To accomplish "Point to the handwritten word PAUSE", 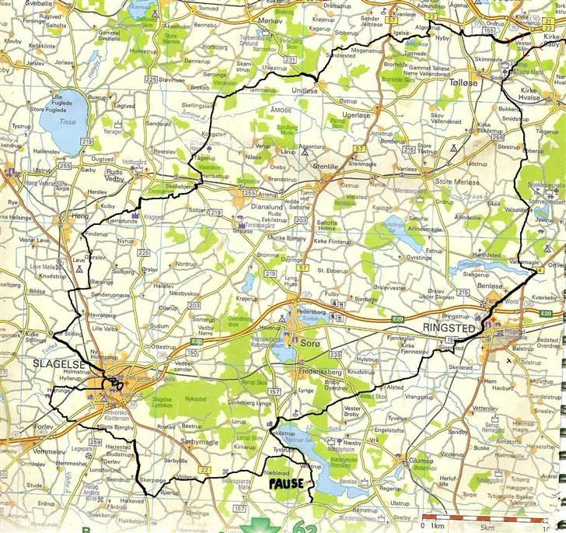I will pos(288,482).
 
